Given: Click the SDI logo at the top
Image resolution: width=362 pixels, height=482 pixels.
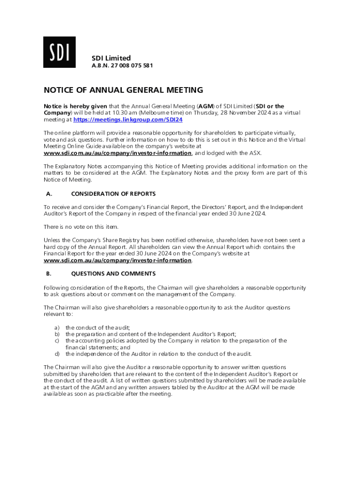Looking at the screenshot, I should [59, 52].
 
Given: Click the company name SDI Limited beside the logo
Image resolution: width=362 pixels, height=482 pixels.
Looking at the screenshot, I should [111, 58].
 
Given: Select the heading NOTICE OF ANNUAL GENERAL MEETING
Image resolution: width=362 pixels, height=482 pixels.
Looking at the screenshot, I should [123, 90].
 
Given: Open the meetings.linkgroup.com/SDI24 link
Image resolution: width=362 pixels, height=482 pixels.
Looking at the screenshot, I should [128, 120].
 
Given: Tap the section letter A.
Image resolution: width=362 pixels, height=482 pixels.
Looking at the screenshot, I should [48, 193].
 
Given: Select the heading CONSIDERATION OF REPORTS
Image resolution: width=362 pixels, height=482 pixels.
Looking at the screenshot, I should [113, 193].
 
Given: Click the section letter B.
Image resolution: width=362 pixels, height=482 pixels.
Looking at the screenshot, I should [48, 273].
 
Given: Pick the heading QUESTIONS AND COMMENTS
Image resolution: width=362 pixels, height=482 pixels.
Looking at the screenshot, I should [113, 273].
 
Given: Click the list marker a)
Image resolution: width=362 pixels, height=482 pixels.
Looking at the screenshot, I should [57, 327].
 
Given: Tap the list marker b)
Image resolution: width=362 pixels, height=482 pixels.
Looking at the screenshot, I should [57, 334].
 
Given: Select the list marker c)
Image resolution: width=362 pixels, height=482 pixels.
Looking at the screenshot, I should [57, 340].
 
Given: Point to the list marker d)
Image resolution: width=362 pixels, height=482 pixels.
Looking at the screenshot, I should [57, 353].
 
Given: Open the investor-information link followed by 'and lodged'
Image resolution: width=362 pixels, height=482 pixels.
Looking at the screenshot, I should [118, 153].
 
